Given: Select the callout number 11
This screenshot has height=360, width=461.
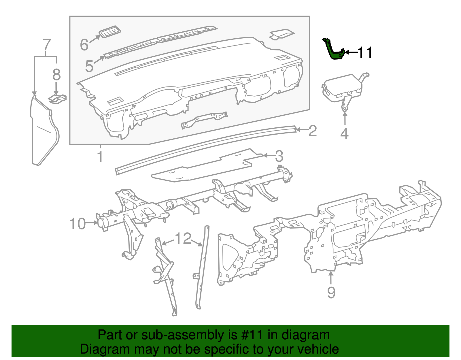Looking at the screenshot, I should coord(365,52).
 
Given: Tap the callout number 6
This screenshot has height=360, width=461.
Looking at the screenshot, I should coord(84,45).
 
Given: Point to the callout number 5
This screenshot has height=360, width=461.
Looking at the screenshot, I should coord(89,66).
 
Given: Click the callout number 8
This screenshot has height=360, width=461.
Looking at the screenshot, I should coord(56,75).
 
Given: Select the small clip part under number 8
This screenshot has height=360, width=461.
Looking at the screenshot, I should coord(57,98).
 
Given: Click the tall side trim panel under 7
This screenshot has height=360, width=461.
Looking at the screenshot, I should coord(43,133).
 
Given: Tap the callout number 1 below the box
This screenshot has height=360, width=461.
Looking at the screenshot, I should coord(100,156).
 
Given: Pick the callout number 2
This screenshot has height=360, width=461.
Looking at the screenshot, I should coord(312,131).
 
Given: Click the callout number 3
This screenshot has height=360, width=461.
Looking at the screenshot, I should coord(279,156).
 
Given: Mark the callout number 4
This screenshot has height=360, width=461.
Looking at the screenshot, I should coord(344,134).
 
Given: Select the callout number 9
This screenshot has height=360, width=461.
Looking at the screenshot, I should coord(331,293).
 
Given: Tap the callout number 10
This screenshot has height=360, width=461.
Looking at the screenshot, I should coord(78,224).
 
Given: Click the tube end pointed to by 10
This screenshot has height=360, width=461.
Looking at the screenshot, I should coord(102,223).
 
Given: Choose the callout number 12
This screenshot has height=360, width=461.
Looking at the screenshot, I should coord(183,238).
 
